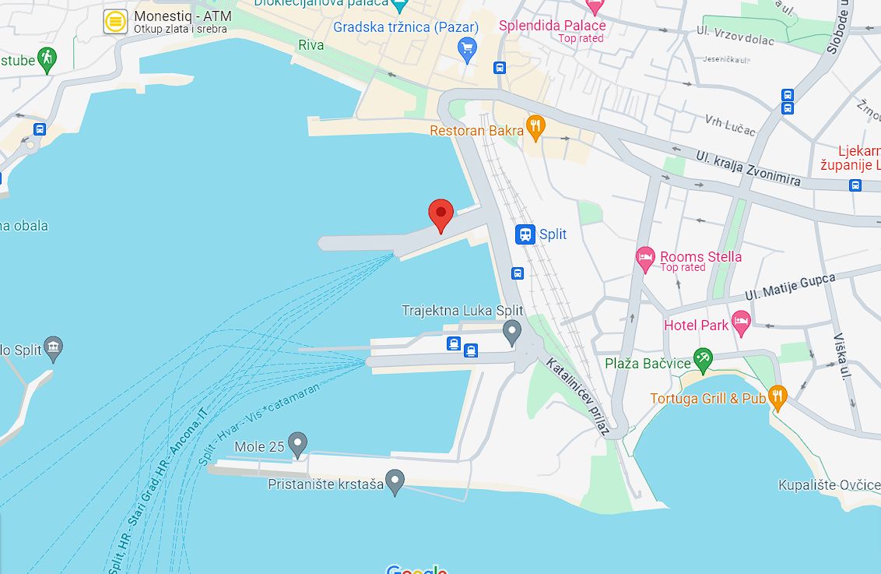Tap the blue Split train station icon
click(x=526, y=234)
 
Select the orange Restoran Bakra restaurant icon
click(x=535, y=128)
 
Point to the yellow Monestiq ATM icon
click(x=116, y=22)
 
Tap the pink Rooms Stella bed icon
click(x=645, y=259)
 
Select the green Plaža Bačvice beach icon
click(x=703, y=359)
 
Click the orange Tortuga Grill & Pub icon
click(x=777, y=398)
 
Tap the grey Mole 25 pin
click(x=297, y=444)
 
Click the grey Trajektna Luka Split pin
click(x=511, y=331)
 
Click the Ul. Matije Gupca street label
click(x=789, y=287)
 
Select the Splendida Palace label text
click(x=552, y=26)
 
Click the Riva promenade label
click(x=311, y=45)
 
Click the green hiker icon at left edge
click(x=47, y=59)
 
